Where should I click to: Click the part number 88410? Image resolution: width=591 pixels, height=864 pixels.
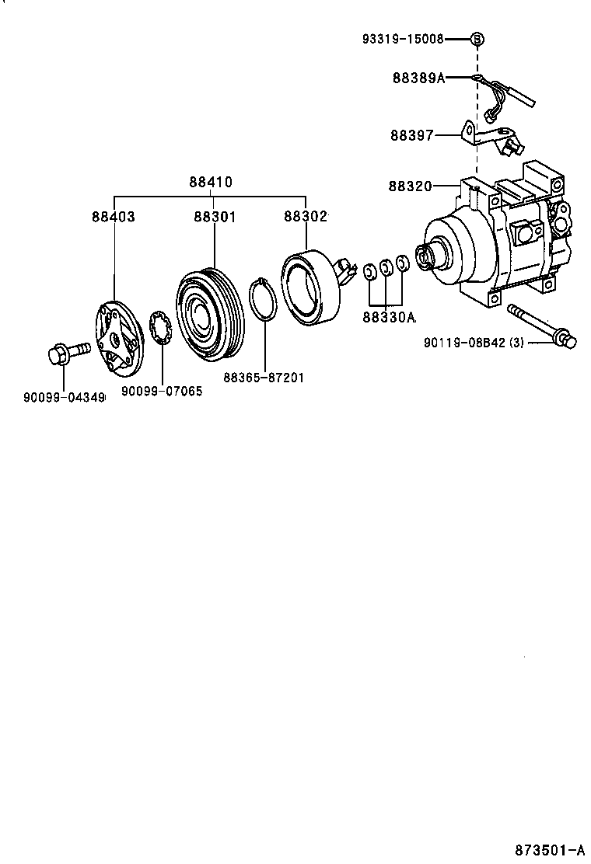[x=210, y=183]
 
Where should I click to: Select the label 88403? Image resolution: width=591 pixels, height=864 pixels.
[x=114, y=217]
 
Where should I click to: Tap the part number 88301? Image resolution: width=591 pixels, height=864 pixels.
[x=214, y=217]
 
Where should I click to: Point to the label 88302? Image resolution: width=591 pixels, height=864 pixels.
[x=305, y=217]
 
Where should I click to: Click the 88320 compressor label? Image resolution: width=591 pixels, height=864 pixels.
[x=410, y=186]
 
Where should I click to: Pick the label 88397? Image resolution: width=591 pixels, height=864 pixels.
[x=411, y=135]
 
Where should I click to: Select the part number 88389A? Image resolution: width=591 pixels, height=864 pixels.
[x=418, y=78]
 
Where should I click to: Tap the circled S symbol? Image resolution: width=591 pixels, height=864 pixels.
[x=477, y=38]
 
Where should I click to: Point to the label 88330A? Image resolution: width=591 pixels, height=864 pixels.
[x=389, y=317]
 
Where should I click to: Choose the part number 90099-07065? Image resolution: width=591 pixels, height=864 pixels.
[x=162, y=392]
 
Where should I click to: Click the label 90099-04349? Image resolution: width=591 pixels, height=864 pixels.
[x=64, y=397]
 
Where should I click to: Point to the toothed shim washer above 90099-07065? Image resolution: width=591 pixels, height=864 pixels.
[x=160, y=329]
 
